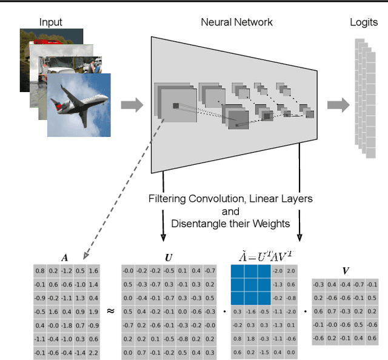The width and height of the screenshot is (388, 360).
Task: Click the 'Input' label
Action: click(51, 22)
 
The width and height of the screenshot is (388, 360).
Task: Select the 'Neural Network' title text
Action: click(236, 22)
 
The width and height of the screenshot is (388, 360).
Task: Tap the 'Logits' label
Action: click(364, 22)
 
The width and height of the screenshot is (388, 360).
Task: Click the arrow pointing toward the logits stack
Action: click(338, 105)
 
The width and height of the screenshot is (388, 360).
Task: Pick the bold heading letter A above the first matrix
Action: click(65, 257)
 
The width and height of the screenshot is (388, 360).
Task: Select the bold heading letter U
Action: click(169, 257)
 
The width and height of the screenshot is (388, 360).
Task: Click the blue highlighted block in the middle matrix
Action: click(249, 284)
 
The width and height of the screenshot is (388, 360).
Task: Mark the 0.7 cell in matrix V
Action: click(331, 312)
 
